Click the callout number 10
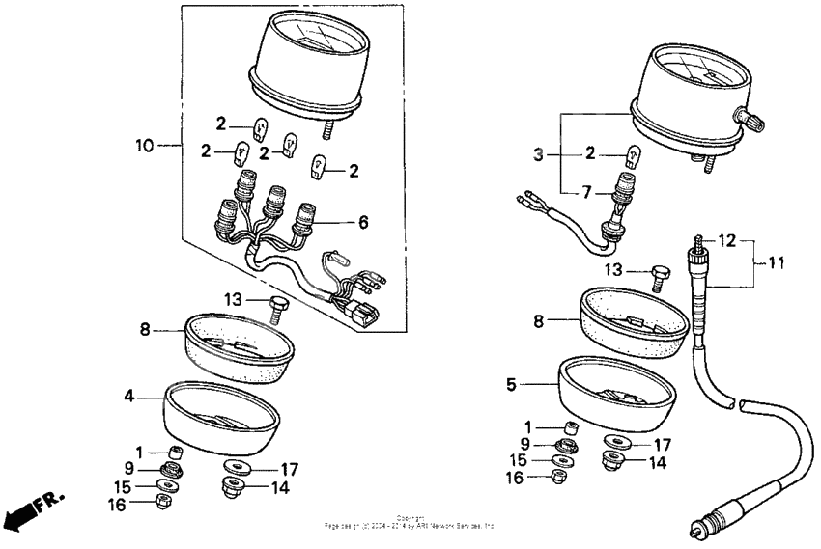coord(144,146)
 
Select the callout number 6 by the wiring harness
coord(363,222)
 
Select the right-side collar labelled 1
coord(571,427)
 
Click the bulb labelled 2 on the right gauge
coord(634,154)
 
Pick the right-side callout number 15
coord(519,460)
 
